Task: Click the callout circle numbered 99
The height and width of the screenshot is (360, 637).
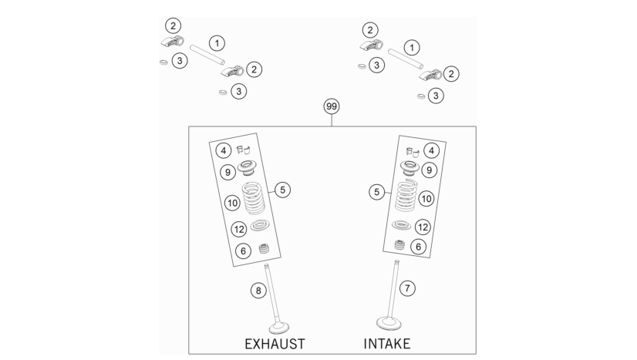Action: pyautogui.click(x=332, y=106)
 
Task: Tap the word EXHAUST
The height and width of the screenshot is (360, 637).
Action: pyautogui.click(x=275, y=344)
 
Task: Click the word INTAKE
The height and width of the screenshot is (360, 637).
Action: pyautogui.click(x=387, y=344)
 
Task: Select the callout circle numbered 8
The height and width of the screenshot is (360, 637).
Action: pyautogui.click(x=258, y=291)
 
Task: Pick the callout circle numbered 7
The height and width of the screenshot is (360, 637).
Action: pyautogui.click(x=407, y=288)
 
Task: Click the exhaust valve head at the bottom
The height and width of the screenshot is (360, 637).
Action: pyautogui.click(x=279, y=328)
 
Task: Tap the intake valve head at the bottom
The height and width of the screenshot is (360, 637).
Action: pyautogui.click(x=389, y=324)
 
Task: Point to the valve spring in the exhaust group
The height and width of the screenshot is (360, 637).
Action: pyautogui.click(x=254, y=198)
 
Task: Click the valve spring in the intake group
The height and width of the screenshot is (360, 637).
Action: pyautogui.click(x=406, y=195)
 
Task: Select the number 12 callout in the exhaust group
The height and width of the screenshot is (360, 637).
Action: pyautogui.click(x=239, y=230)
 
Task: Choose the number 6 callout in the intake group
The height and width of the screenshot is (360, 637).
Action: pyautogui.click(x=419, y=247)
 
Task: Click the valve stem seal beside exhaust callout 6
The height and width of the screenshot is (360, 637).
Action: pyautogui.click(x=264, y=248)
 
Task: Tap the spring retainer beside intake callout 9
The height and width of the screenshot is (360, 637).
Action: pyautogui.click(x=410, y=167)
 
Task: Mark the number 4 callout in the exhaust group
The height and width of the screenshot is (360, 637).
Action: pyautogui.click(x=224, y=150)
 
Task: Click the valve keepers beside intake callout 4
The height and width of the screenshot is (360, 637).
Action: pyautogui.click(x=413, y=152)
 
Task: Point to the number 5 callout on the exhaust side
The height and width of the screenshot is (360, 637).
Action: pyautogui.click(x=283, y=190)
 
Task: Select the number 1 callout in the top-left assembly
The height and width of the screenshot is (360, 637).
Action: pyautogui.click(x=217, y=43)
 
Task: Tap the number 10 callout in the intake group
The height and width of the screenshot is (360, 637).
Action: pyautogui.click(x=426, y=199)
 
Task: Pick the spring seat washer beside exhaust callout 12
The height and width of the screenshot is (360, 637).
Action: pyautogui.click(x=260, y=225)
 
